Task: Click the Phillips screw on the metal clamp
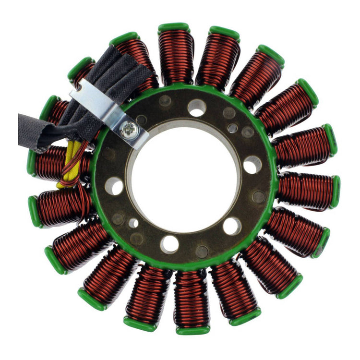pyautogui.click(x=130, y=128)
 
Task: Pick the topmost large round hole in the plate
pyautogui.click(x=197, y=108)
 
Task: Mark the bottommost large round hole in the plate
pyautogui.click(x=169, y=244)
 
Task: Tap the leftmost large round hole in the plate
pyautogui.click(x=114, y=186)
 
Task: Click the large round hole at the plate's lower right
pyautogui.click(x=232, y=226)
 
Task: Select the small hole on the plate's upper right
pyautogui.click(x=232, y=128)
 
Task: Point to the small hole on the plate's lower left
pyautogui.click(x=133, y=223)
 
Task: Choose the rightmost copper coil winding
pyautogui.click(x=307, y=191)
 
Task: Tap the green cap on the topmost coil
pyautogui.click(x=174, y=28)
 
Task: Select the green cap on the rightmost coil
pyautogui.click(x=336, y=192)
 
